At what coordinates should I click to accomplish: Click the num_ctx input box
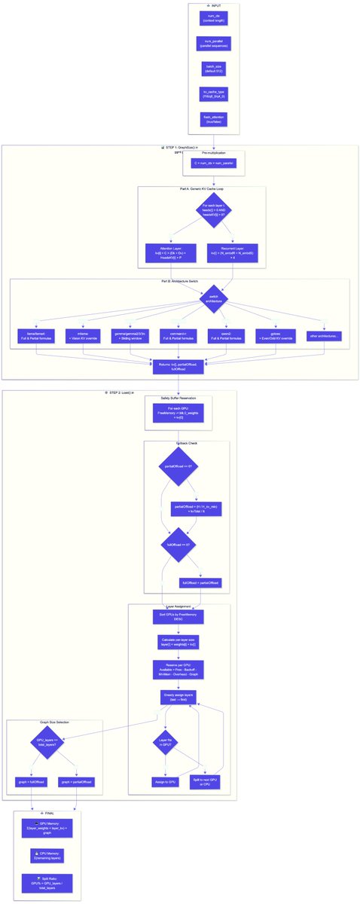point(214,18)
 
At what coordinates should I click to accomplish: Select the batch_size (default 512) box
point(214,69)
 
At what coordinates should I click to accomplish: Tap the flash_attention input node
point(214,120)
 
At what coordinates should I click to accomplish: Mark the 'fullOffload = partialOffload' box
point(200,582)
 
